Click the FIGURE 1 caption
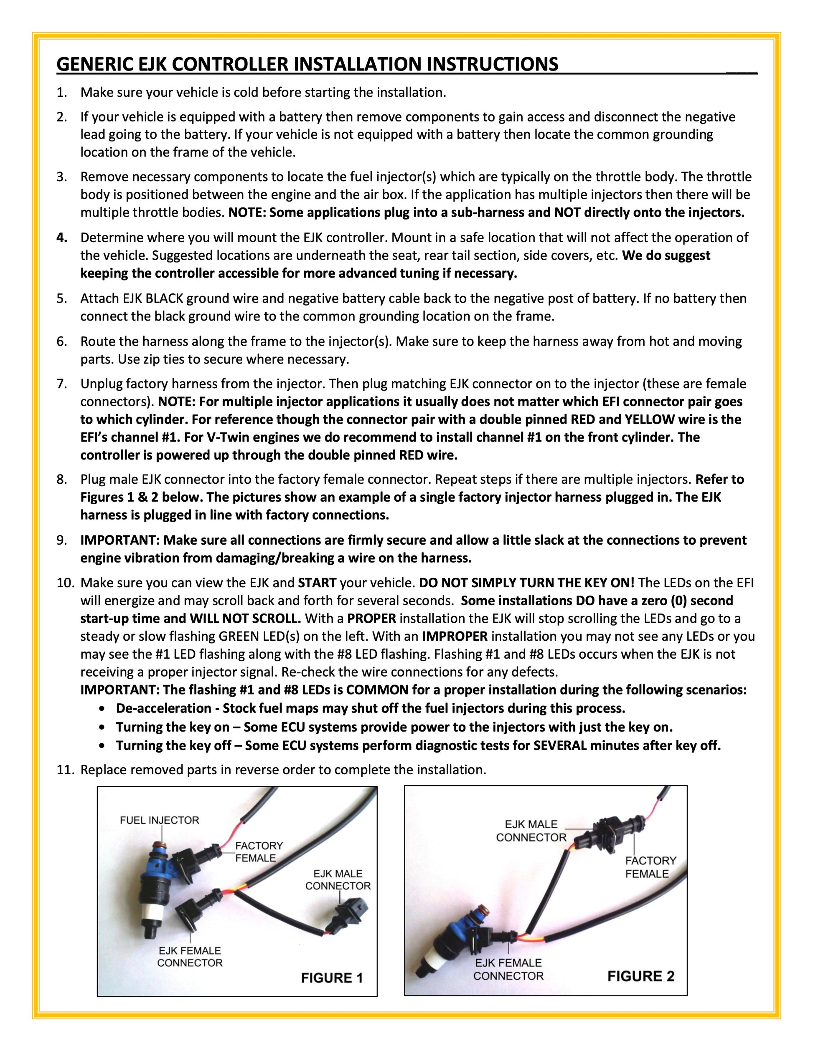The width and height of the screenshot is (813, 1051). pos(331,978)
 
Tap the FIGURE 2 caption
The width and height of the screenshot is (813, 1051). pos(640,976)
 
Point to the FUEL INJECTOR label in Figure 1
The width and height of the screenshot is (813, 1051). pos(160,820)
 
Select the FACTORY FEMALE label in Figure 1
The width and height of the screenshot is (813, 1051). pos(259,852)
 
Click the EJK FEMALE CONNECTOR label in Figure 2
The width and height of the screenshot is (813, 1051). pos(508,969)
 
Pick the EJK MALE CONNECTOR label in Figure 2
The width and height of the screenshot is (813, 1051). pos(531,831)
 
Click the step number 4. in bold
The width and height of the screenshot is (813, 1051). pos(62,238)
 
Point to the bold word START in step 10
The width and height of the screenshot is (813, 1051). pos(317,583)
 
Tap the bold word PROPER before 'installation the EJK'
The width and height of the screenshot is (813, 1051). pos(371,619)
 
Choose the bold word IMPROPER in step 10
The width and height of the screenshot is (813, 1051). pos(455,636)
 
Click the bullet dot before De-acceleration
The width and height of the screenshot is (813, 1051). pos(101,709)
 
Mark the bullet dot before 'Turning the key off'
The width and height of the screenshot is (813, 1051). pos(101,746)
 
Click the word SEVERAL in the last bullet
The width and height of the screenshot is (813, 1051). pos(560,745)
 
